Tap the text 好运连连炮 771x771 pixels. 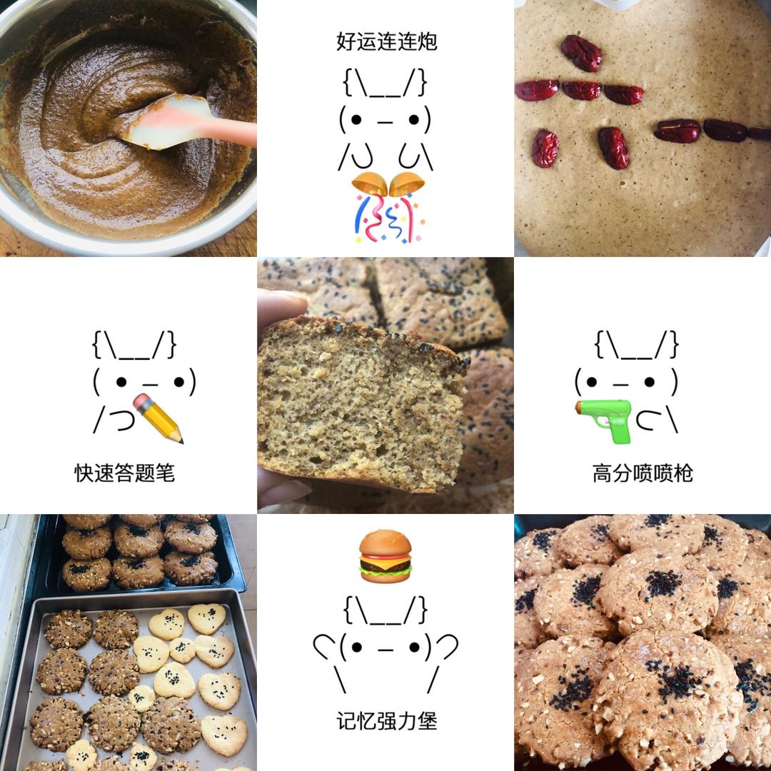point(386,41)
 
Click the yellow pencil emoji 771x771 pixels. point(158,418)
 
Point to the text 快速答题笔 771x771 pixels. point(124,473)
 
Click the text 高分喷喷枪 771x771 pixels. point(642,473)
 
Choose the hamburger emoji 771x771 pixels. point(385,556)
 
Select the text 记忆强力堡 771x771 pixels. point(386,721)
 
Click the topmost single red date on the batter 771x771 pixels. point(581,53)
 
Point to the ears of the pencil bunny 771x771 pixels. point(134,345)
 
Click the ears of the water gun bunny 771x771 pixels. point(637,345)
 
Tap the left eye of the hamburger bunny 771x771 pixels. point(358,647)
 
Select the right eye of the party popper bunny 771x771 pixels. point(414,119)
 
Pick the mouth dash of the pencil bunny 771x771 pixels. point(150,385)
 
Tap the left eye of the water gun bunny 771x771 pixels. point(592,382)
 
